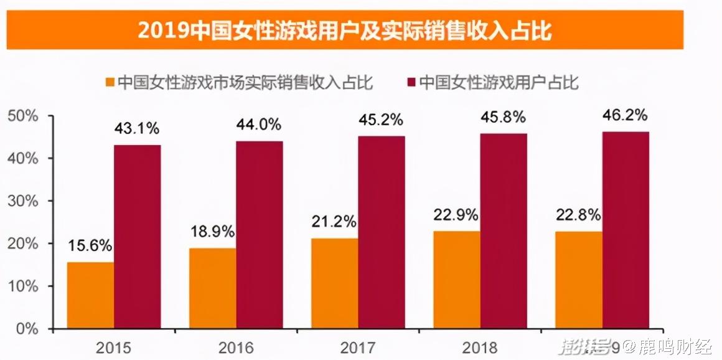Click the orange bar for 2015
[90, 295]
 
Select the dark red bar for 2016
[259, 235]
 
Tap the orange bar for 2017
[334, 283]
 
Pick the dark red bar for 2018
[503, 231]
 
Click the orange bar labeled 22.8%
[579, 280]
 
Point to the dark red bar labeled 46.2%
[625, 230]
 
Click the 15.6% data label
[90, 245]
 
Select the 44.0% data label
[259, 125]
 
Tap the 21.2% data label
[334, 222]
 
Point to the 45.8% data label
[503, 116]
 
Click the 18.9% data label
[212, 232]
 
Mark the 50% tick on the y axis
[22, 116]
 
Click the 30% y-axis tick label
[22, 201]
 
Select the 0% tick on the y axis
[27, 328]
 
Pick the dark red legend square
[411, 83]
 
